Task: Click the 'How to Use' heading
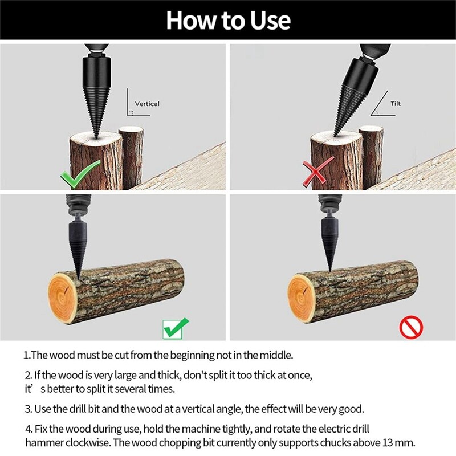point(228,21)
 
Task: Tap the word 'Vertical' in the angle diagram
point(147,104)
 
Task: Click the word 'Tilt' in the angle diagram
point(396,104)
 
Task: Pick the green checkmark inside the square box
point(175,328)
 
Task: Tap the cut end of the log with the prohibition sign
point(301,295)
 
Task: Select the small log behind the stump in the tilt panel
point(371,157)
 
